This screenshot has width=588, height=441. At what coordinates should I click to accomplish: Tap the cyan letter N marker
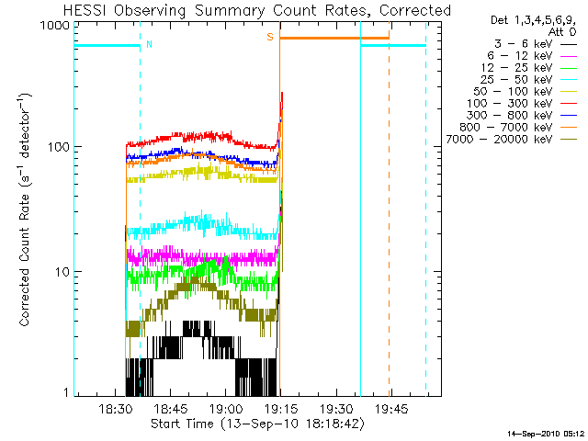point(150,44)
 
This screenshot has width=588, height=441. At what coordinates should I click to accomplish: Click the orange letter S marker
point(270,37)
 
